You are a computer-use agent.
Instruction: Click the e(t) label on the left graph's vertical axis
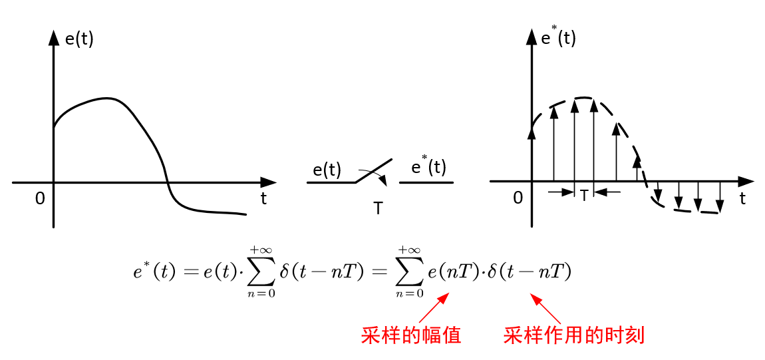tap(79, 39)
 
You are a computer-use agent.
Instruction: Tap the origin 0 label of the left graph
tap(40, 199)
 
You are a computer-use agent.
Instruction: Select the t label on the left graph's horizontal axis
tap(263, 199)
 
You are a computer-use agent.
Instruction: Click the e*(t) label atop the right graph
tap(558, 37)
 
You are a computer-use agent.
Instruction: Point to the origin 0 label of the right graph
tap(518, 199)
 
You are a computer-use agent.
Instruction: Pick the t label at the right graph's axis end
tap(742, 198)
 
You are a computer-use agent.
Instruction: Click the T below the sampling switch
tap(378, 208)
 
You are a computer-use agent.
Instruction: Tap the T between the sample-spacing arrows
tap(584, 195)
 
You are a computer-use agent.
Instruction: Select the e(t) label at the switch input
tap(327, 170)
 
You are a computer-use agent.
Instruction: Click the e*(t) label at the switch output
tap(428, 166)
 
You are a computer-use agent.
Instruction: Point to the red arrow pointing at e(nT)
tap(433, 309)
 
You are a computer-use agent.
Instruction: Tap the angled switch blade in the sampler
tap(374, 170)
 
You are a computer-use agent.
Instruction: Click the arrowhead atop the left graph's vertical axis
tap(53, 37)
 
